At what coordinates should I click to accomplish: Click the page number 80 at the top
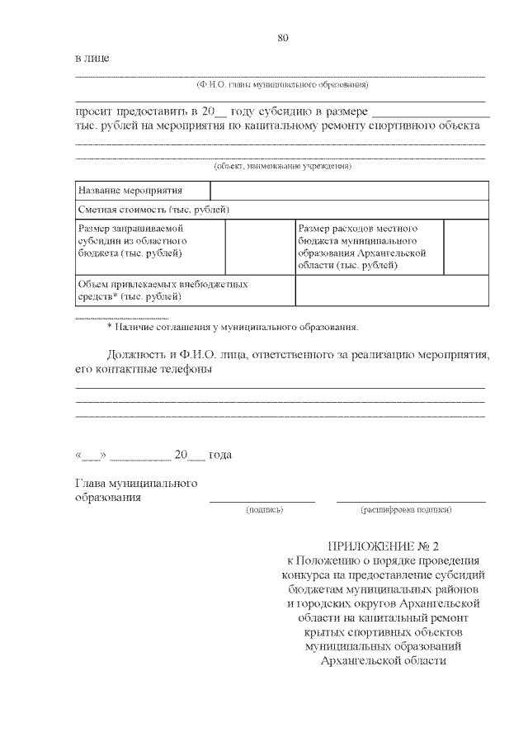coord(283,38)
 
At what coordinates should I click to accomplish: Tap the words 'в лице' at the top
coord(92,59)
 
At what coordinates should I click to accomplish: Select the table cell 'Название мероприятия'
coord(119,191)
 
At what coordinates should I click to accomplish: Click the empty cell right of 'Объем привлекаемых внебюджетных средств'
coord(392,290)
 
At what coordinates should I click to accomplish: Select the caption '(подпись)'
coord(265,510)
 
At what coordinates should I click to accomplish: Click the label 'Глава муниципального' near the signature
coord(135,483)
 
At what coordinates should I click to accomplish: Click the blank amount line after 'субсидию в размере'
coord(430,113)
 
